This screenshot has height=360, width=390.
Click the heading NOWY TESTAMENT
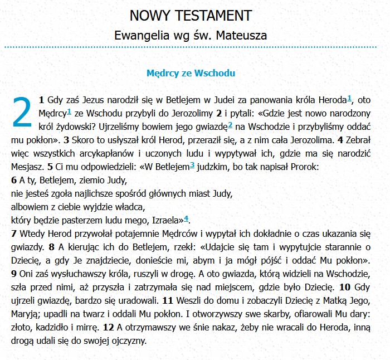coord(191,15)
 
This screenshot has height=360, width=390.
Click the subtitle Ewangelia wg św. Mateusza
coord(191,35)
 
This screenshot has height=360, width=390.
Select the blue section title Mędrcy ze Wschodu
coord(191,73)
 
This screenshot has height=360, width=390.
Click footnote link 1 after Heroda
coord(349,99)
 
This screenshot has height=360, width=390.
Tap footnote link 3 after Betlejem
coord(192,165)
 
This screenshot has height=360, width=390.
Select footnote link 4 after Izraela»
coord(187,218)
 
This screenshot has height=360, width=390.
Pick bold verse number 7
coord(14,233)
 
